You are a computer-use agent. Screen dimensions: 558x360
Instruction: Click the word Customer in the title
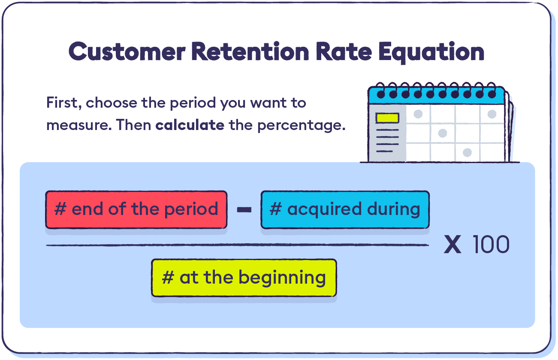[127, 51]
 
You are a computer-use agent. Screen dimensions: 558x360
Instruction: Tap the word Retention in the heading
[250, 51]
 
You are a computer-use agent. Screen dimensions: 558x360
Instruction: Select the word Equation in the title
[431, 53]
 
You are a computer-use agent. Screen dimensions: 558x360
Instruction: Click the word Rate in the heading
[344, 51]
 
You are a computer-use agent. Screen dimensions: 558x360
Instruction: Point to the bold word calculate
[190, 124]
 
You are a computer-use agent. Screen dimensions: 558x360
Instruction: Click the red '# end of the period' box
[136, 209]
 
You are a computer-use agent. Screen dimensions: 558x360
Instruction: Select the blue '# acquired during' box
[345, 209]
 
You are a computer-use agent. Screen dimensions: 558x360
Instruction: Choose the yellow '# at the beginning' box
[244, 278]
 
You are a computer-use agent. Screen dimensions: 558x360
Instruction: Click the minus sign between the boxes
[244, 209]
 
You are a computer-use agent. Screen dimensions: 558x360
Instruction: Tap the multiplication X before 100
[452, 245]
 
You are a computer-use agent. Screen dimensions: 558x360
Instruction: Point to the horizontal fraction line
[238, 245]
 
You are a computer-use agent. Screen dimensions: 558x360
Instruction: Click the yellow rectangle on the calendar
[387, 118]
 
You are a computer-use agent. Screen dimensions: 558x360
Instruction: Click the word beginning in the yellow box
[282, 278]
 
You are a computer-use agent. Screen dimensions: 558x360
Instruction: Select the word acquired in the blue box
[324, 210]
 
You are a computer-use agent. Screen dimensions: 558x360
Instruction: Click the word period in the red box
[191, 210]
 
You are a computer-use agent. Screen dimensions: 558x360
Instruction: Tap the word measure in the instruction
[79, 125]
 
